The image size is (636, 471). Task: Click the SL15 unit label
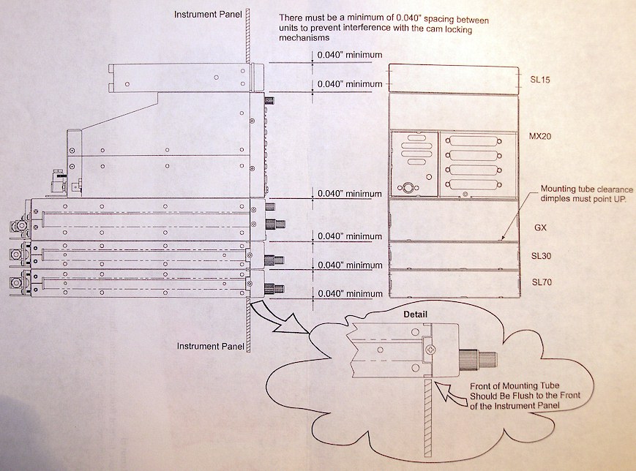540,80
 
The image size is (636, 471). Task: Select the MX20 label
540,136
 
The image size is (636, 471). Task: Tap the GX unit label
540,227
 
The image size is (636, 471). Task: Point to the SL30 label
541,256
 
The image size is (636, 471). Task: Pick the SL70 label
542,282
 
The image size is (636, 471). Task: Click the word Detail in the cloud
415,314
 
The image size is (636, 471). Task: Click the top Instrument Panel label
208,15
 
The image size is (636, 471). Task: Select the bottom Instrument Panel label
211,346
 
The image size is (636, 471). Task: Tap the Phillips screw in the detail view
430,348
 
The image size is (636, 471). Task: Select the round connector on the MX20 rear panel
406,188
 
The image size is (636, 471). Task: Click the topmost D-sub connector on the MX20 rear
473,141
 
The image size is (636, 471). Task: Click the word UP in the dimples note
618,199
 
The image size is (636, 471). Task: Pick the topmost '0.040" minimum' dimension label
350,55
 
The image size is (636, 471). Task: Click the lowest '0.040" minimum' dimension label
350,293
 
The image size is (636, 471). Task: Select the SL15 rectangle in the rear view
454,80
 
